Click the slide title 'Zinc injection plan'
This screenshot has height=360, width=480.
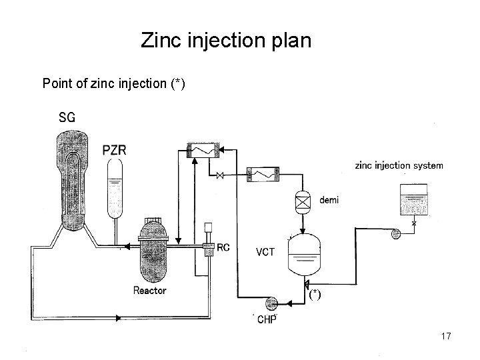click(226, 41)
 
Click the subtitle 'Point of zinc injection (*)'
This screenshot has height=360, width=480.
click(113, 83)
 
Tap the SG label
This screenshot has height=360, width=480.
click(67, 118)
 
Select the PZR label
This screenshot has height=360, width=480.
click(115, 149)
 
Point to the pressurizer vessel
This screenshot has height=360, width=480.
click(116, 189)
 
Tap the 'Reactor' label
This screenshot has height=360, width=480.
click(149, 290)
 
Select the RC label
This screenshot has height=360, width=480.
click(224, 247)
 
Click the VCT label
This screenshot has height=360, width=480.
click(265, 252)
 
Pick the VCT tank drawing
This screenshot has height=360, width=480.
click(303, 254)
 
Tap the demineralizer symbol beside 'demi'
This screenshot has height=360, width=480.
click(303, 201)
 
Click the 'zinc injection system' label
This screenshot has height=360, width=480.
click(399, 165)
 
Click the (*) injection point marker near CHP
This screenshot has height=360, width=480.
click(315, 295)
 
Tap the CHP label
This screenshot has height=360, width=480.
click(268, 319)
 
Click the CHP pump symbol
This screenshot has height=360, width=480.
click(271, 303)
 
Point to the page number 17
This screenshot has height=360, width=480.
click(446, 337)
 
